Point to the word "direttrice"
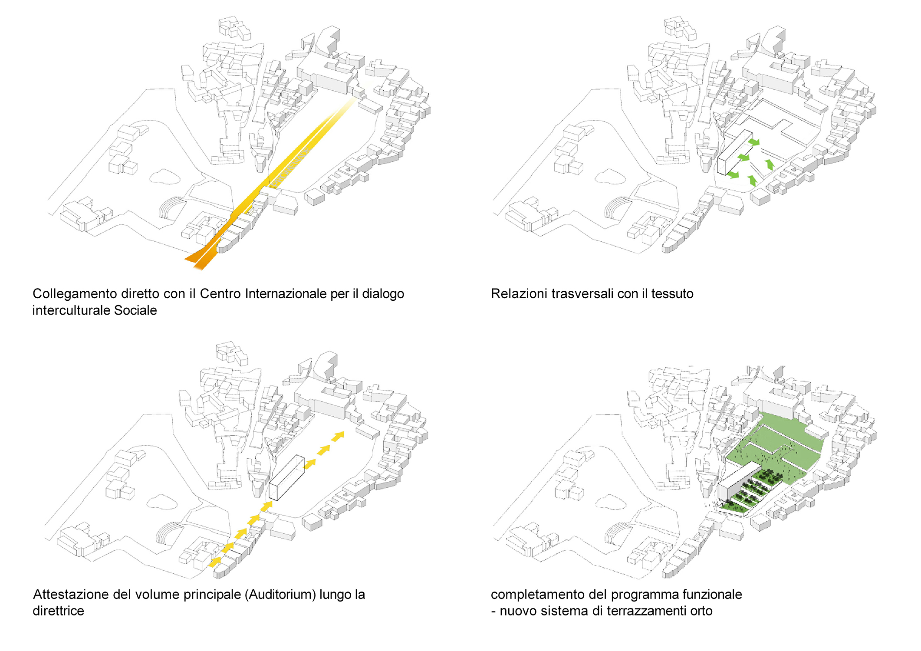tap(58, 611)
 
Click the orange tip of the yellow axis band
tap(198, 260)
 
